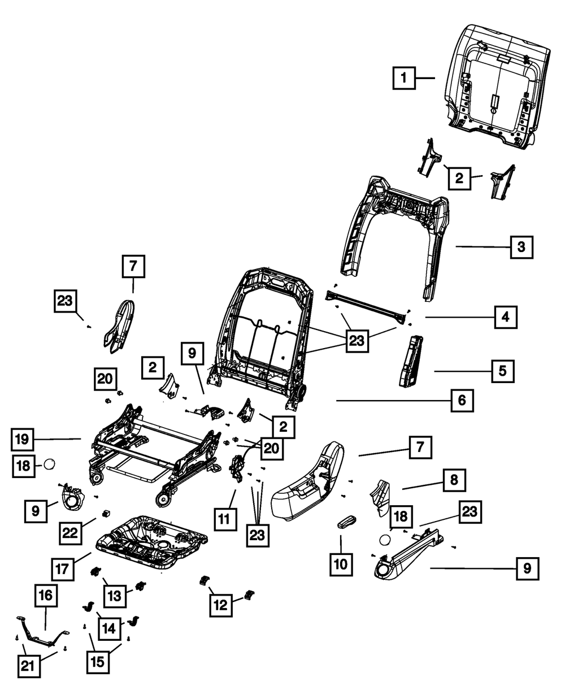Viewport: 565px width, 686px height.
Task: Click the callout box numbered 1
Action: click(404, 78)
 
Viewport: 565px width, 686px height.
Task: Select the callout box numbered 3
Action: click(521, 247)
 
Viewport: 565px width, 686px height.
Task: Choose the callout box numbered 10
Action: click(341, 563)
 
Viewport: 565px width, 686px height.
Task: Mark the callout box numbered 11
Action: click(225, 518)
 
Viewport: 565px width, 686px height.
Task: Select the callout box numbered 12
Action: click(220, 604)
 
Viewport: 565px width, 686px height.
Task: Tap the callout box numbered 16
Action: click(46, 595)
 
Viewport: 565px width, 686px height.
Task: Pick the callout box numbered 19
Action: click(23, 438)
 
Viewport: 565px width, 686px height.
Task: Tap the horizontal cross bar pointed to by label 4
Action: click(367, 305)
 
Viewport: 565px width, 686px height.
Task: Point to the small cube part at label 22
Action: click(105, 513)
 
